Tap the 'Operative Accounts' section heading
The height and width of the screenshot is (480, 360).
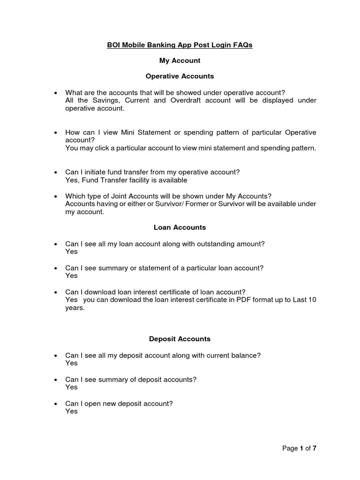[180, 75]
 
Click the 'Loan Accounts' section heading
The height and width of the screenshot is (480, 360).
[180, 227]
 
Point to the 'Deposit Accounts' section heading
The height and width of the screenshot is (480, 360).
[180, 339]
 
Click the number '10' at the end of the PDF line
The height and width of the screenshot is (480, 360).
[312, 300]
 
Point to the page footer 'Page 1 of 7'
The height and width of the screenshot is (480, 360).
[300, 449]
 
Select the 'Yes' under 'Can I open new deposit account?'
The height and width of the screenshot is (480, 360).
[71, 412]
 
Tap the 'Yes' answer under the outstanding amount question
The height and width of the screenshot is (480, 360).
[71, 252]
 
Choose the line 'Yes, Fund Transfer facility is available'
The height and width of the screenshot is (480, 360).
[126, 180]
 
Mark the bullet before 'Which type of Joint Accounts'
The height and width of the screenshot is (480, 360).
[56, 196]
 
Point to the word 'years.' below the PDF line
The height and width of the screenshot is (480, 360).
[75, 308]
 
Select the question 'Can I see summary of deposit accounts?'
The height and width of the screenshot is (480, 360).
[131, 380]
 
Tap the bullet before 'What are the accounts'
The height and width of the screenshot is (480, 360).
[56, 93]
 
